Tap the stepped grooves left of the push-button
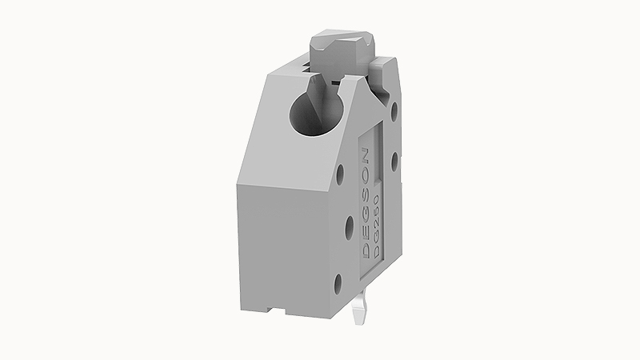tap(302, 62)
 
